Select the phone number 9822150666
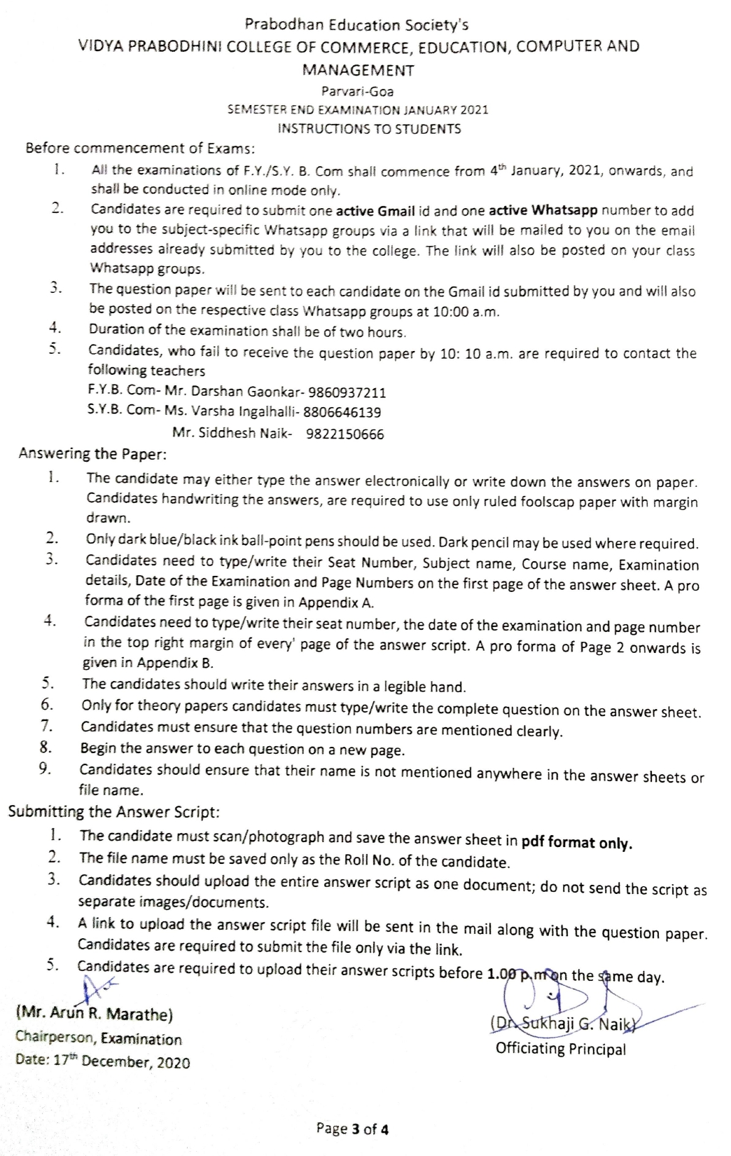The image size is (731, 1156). (344, 434)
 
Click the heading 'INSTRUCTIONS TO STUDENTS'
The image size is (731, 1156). (369, 129)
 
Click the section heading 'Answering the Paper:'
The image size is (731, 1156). (92, 453)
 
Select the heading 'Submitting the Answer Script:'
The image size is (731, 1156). (113, 812)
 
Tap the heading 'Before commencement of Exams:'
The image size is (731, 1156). (140, 149)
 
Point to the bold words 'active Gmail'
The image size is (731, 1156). (375, 210)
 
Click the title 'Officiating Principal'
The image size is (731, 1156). (560, 1049)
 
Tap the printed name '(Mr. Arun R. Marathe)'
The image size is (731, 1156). (94, 1014)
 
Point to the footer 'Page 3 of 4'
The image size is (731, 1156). (353, 1128)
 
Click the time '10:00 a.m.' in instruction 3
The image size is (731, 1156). (466, 312)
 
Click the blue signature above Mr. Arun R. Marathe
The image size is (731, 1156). (98, 988)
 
